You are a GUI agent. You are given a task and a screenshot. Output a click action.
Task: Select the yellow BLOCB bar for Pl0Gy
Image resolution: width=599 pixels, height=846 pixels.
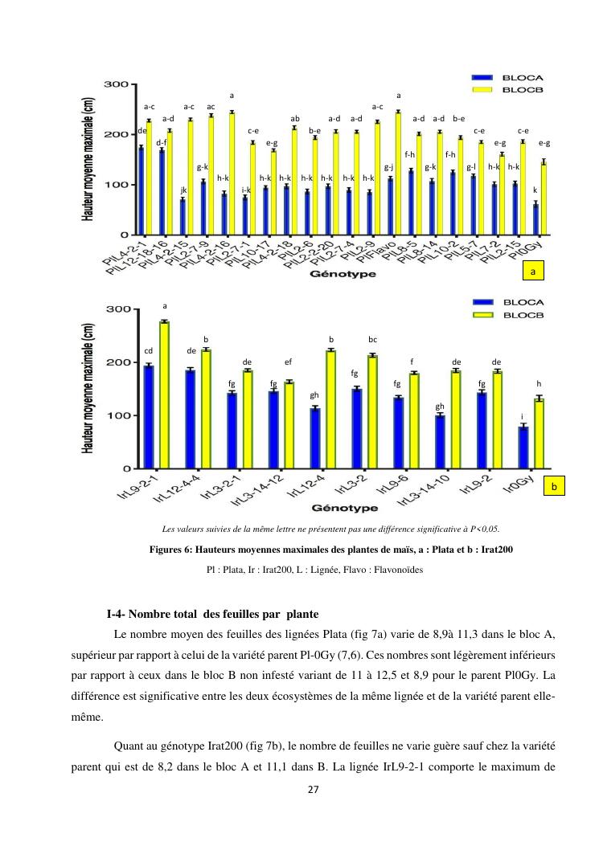click(x=544, y=198)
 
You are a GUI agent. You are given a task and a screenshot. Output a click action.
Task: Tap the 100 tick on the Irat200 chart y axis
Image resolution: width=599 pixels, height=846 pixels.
click(x=118, y=415)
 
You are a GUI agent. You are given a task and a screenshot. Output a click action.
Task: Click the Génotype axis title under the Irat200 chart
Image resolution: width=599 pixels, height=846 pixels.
click(x=345, y=509)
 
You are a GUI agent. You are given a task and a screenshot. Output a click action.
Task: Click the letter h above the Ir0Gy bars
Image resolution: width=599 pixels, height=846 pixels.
click(x=539, y=383)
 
